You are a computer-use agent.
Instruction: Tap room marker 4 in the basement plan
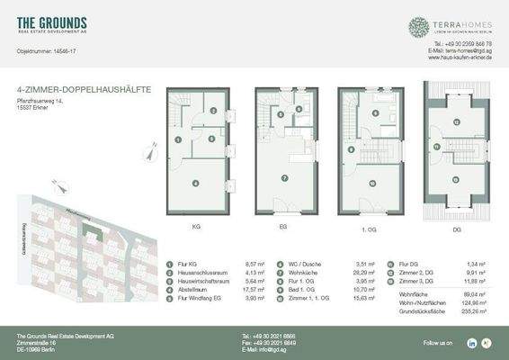[x=195, y=184]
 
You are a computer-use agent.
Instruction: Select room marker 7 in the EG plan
[x=284, y=178]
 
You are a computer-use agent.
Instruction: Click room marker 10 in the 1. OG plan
[x=372, y=184]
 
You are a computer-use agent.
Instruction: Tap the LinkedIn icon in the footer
[x=471, y=343]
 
